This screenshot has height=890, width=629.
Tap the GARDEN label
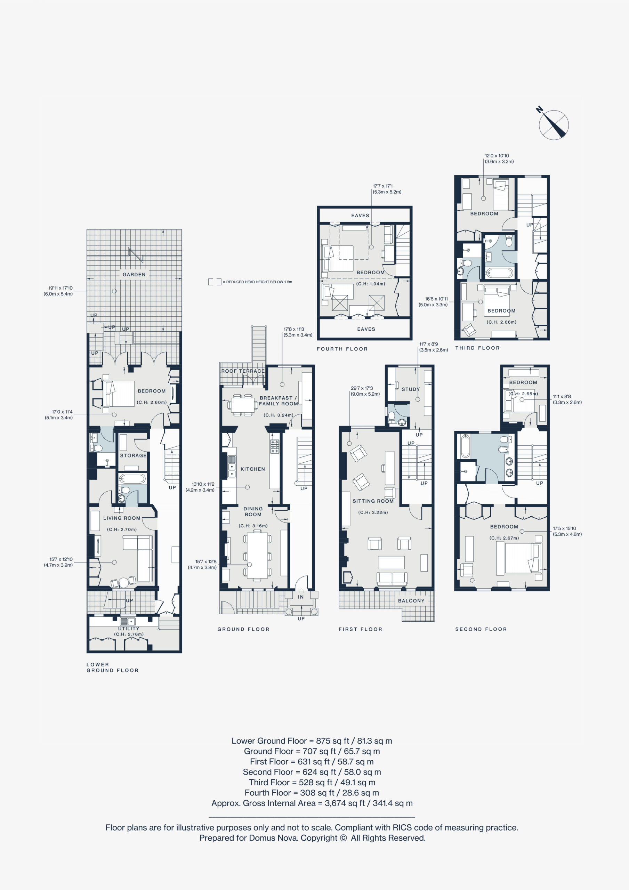click(134, 274)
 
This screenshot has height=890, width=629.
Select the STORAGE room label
click(134, 455)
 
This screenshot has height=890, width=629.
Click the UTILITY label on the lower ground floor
click(129, 628)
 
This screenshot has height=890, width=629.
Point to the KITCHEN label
click(253, 469)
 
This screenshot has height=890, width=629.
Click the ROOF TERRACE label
click(243, 371)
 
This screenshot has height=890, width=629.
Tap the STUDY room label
click(411, 389)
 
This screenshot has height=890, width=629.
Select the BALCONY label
click(411, 601)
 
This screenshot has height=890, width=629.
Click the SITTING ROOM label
click(373, 501)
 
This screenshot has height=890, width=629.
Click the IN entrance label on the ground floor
click(300, 597)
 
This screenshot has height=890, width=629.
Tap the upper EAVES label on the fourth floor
click(360, 216)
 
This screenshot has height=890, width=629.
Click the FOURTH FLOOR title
click(342, 349)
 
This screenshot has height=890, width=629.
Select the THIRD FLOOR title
click(477, 348)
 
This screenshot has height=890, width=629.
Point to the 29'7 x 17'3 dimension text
click(362, 388)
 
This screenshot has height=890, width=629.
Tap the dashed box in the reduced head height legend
click(215, 282)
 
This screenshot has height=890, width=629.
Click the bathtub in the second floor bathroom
click(465, 446)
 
